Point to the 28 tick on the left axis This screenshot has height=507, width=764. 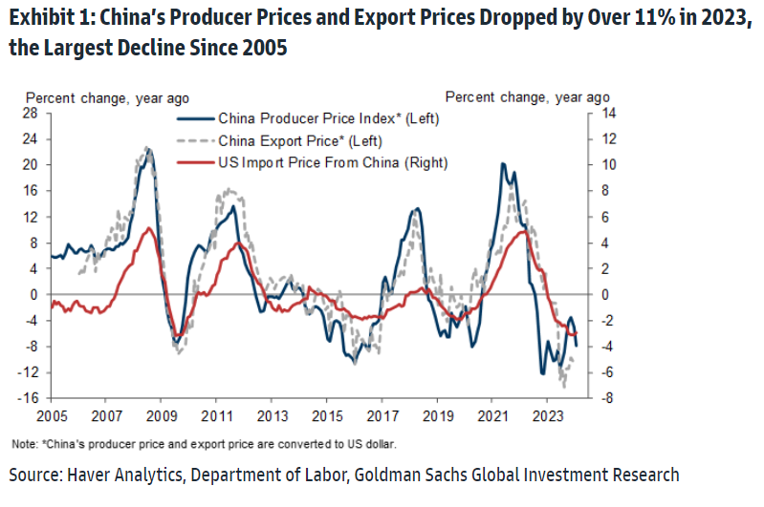pyautogui.click(x=32, y=113)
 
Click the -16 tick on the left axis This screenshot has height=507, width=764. pyautogui.click(x=30, y=398)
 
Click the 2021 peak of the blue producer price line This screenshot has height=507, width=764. pyautogui.click(x=503, y=164)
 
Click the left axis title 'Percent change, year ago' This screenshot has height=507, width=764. pyautogui.click(x=106, y=97)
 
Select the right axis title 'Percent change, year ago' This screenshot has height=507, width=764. pyautogui.click(x=527, y=97)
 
